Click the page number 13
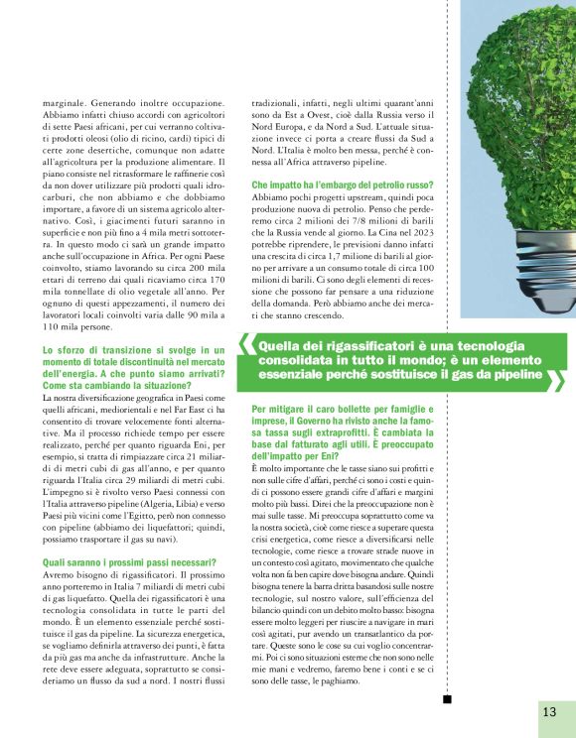click(x=549, y=711)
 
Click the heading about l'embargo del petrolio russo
click(x=334, y=185)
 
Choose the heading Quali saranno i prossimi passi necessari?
click(x=116, y=563)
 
